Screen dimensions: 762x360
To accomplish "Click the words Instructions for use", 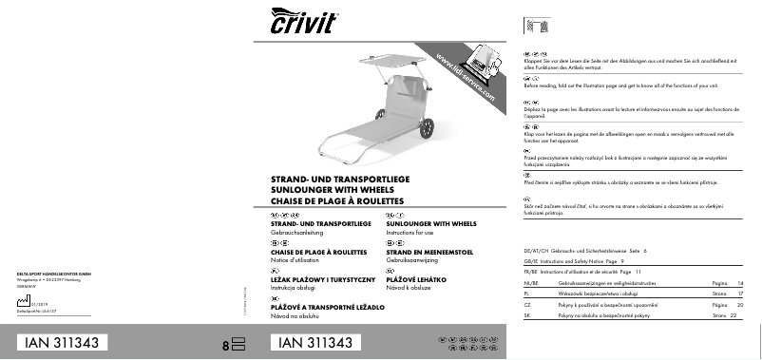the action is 410,232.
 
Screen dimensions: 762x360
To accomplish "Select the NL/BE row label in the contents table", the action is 530,283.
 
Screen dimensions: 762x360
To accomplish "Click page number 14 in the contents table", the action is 741,283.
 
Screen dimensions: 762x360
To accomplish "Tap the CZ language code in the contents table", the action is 527,304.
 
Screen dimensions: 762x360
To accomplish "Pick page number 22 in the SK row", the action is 733,314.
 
